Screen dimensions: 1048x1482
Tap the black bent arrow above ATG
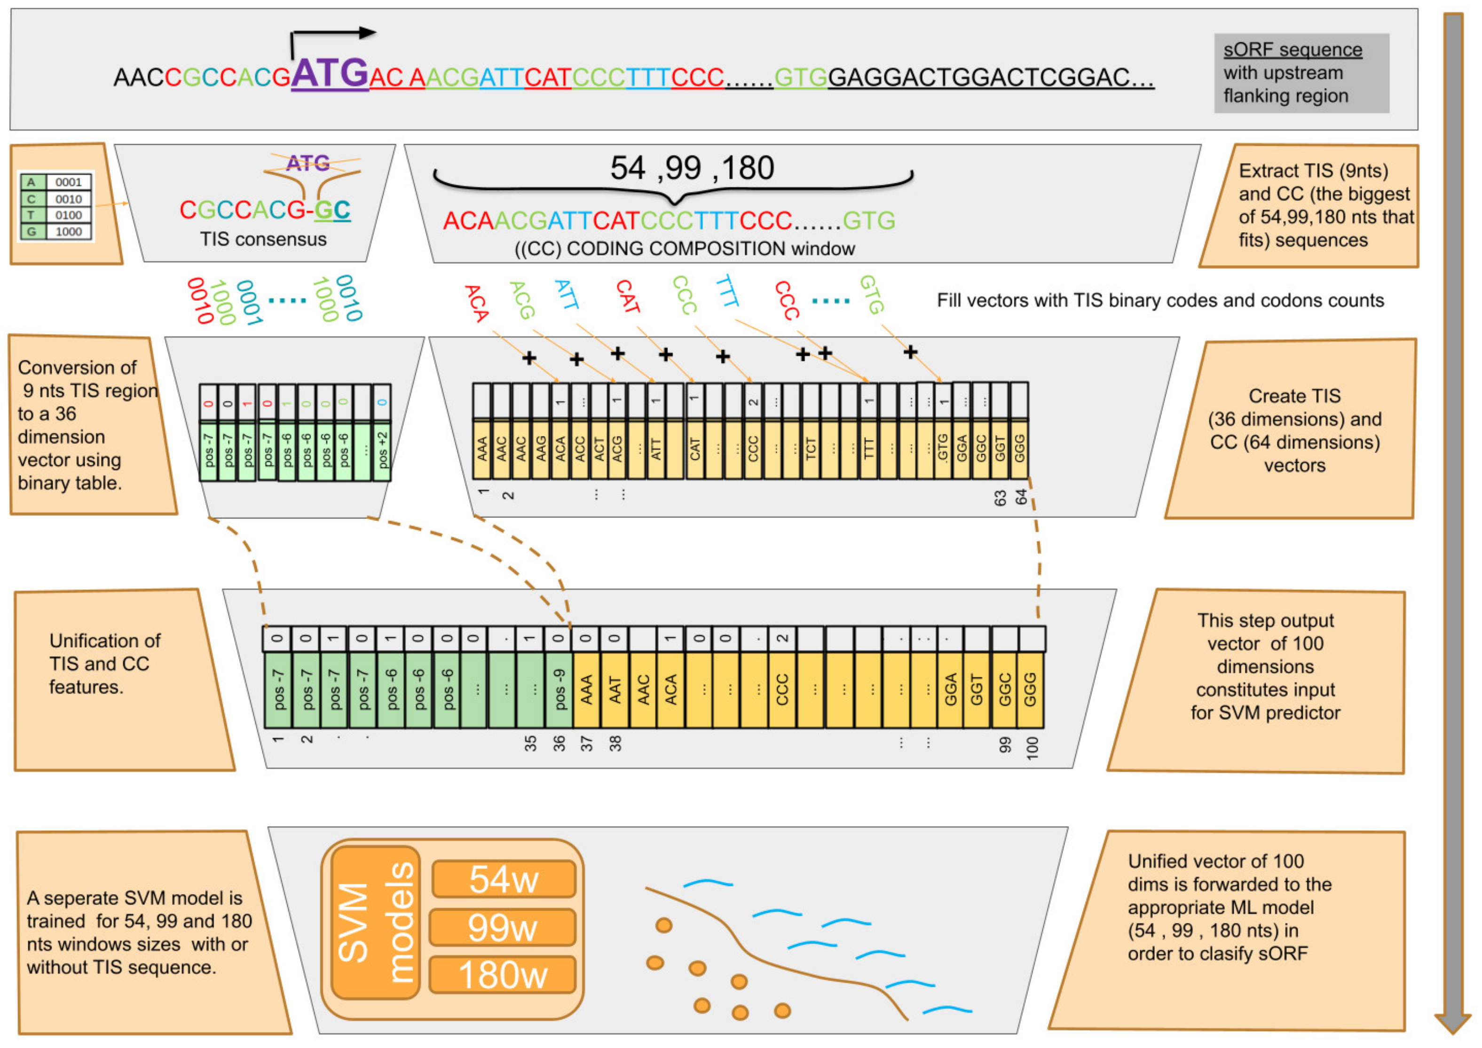332,36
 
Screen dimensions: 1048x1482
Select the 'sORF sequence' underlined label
1292,50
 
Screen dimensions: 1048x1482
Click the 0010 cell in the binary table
69,199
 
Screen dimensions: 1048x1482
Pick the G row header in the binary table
32,232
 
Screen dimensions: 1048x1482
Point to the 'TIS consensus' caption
263,239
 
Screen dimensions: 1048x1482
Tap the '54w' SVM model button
504,879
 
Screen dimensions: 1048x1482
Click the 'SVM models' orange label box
375,923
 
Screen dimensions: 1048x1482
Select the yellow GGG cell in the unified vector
1030,689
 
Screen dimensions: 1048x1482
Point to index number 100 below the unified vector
1032,747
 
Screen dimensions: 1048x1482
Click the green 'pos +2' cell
382,450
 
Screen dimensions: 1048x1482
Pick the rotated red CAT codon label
627,297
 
